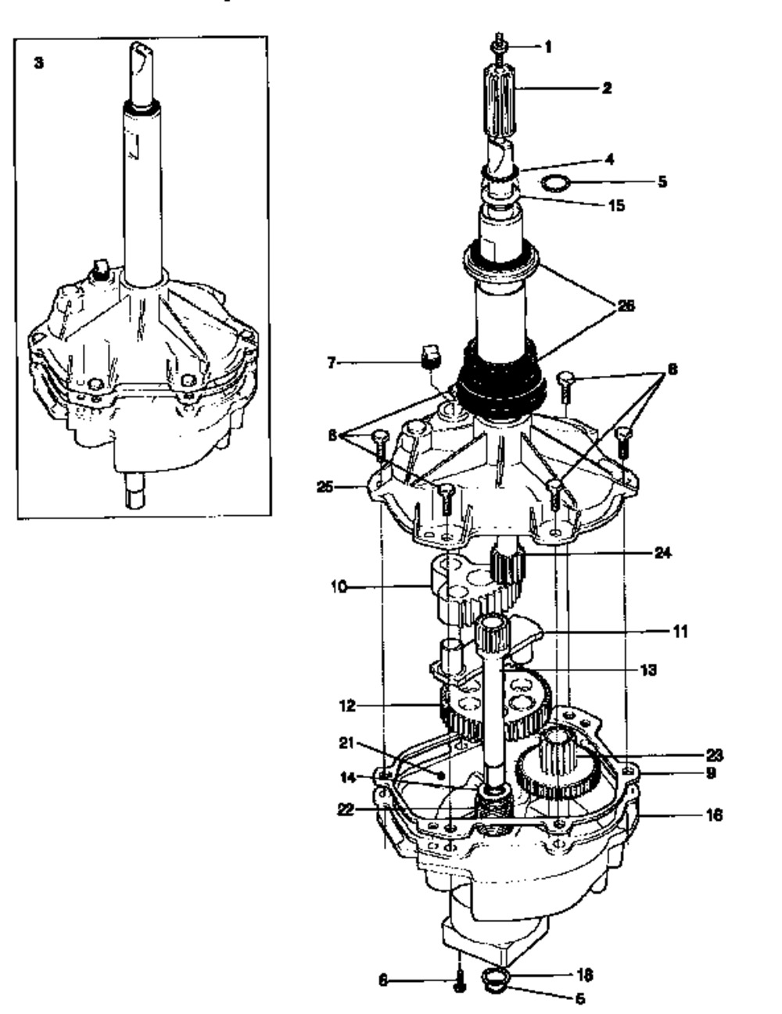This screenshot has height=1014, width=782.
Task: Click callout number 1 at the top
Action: [x=547, y=47]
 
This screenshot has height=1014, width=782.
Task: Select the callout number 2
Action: [x=606, y=88]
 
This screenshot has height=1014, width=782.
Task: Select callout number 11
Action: [x=680, y=630]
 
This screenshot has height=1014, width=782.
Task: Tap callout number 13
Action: [x=647, y=669]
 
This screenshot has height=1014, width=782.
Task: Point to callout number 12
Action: [x=347, y=705]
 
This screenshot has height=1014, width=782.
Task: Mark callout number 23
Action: [x=713, y=756]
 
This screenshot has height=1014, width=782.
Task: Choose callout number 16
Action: [x=713, y=815]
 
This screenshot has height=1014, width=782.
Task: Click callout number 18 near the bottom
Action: [x=583, y=975]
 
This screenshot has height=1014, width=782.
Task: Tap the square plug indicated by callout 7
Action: [x=429, y=357]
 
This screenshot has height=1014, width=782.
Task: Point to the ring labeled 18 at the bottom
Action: [x=493, y=978]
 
